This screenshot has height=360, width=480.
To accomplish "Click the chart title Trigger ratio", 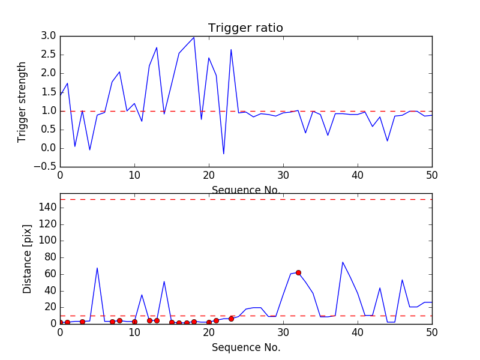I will coord(245,28).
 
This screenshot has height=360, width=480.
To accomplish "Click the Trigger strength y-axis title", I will coord(22,101).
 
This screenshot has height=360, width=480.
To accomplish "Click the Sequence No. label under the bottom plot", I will coord(245,347).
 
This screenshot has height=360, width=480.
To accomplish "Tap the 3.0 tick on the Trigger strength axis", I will coord(49,36).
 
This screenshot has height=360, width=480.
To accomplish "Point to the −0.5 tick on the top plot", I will coord(46,167).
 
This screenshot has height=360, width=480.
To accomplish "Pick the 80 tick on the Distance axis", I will coord(50,257).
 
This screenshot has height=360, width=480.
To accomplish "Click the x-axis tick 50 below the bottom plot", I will coord(431,334).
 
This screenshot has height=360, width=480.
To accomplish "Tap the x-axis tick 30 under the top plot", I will coord(283,176).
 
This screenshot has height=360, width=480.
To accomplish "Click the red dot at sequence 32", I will coord(298,272).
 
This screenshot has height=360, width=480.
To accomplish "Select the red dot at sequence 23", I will coord(231,319).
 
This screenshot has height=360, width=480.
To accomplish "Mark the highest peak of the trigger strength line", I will coord(194,37).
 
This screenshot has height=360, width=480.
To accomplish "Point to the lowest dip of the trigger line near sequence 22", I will coord(224,154).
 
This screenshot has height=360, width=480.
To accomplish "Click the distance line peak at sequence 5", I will coord(97,268).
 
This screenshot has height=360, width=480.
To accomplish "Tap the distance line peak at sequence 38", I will coord(343,262).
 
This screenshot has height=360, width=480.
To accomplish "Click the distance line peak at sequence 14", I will coord(164,281).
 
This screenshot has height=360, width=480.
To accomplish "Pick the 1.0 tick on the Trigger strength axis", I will coord(49,111).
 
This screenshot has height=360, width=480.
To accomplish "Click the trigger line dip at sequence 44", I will coord(387,141).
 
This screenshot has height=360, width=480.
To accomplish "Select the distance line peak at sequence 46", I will coord(402,280).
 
